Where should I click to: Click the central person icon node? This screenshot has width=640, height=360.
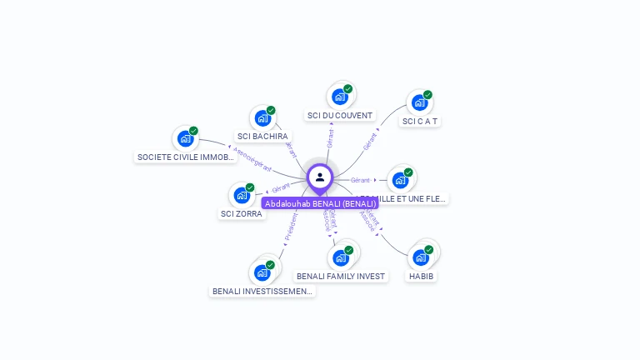pyautogui.click(x=320, y=177)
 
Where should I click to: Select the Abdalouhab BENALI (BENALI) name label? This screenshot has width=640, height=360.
pyautogui.click(x=320, y=203)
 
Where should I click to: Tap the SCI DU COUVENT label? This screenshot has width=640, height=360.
pyautogui.click(x=340, y=115)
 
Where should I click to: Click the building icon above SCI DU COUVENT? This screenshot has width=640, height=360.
pyautogui.click(x=340, y=97)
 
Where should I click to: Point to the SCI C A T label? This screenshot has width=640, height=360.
pyautogui.click(x=420, y=121)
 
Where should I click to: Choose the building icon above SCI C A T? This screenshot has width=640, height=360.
pyautogui.click(x=420, y=103)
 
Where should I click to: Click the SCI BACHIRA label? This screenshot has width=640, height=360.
pyautogui.click(x=262, y=136)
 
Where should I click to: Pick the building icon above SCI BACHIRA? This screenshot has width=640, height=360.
pyautogui.click(x=263, y=118)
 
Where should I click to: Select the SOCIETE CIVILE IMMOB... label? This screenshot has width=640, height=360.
pyautogui.click(x=185, y=157)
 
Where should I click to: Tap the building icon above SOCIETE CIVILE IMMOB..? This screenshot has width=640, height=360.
pyautogui.click(x=185, y=138)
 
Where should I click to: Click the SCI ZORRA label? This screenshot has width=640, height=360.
pyautogui.click(x=241, y=213)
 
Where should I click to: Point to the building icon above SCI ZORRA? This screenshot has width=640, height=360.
pyautogui.click(x=242, y=195)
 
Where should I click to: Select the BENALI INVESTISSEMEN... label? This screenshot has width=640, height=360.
pyautogui.click(x=262, y=291)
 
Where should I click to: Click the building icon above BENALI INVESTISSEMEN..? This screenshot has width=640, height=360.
pyautogui.click(x=262, y=272)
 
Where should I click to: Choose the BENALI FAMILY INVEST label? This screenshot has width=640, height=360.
pyautogui.click(x=341, y=276)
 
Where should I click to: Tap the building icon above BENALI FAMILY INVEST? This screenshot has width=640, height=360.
pyautogui.click(x=340, y=257)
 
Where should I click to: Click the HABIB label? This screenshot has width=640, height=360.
pyautogui.click(x=421, y=276)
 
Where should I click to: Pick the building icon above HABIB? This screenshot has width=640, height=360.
pyautogui.click(x=421, y=257)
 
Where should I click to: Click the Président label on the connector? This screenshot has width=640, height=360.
pyautogui.click(x=291, y=227)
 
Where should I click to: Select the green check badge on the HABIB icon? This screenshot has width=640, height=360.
pyautogui.click(x=429, y=249)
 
